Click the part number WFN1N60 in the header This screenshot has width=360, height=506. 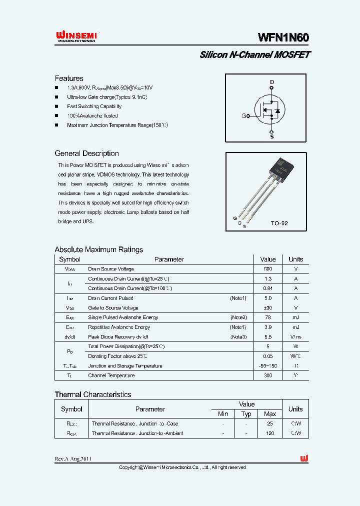tap(283, 37)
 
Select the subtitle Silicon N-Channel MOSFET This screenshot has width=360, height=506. tap(255, 55)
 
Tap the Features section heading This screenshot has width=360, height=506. tap(69, 78)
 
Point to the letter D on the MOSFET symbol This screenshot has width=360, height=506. tap(272, 82)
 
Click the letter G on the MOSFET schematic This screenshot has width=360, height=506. tap(244, 116)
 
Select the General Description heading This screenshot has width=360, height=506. tap(86, 153)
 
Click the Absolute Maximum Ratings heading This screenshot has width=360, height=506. tap(98, 249)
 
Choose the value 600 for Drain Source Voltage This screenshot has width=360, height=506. tap(268, 269)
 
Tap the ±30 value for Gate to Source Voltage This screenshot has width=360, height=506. tap(268, 308)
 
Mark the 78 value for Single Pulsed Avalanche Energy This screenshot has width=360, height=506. tap(268, 317)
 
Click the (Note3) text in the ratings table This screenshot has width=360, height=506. tap(238, 337)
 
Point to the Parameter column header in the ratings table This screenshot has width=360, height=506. tap(169, 259)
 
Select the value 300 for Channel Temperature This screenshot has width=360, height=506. tap(268, 375)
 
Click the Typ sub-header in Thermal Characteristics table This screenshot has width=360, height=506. tap(246, 414)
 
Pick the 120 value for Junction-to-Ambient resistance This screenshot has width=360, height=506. tap(270, 433)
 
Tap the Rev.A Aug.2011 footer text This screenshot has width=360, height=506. tap(73, 459)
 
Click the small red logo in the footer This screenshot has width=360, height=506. tap(303, 458)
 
